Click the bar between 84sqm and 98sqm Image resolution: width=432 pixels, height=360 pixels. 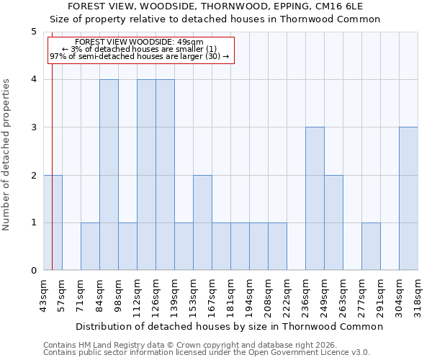[x=109, y=175]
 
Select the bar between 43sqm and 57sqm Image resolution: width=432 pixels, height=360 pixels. [x=53, y=222]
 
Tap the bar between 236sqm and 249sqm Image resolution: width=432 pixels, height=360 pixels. [x=315, y=199]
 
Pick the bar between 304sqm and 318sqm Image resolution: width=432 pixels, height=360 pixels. [x=408, y=199]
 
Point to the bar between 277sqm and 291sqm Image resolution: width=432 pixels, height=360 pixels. [x=371, y=246]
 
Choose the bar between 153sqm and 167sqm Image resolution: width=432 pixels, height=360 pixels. [x=202, y=222]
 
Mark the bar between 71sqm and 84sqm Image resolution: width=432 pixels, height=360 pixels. [x=90, y=246]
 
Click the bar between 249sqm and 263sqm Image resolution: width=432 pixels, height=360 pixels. [x=333, y=222]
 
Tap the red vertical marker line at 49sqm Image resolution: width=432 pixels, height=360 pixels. [x=52, y=158]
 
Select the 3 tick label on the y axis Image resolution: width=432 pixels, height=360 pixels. [x=34, y=127]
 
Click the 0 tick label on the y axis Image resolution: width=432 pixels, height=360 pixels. [x=34, y=271]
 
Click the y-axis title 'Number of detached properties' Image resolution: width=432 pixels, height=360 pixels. [x=6, y=156]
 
